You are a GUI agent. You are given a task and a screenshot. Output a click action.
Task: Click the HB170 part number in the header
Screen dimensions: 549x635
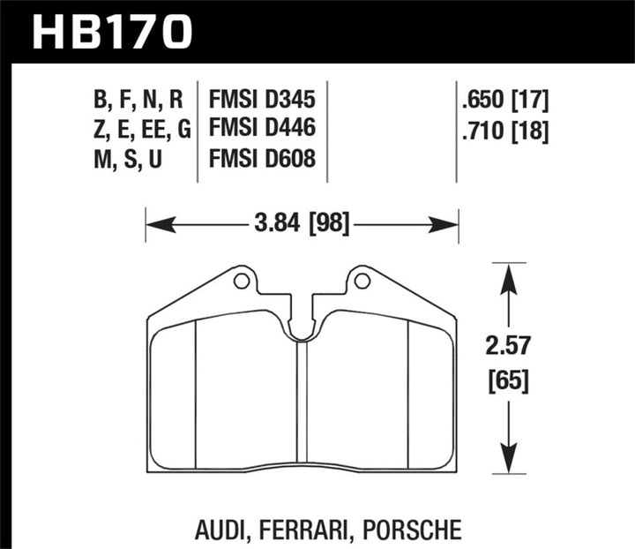pyautogui.click(x=112, y=33)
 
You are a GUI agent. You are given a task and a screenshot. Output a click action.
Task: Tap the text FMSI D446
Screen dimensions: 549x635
pyautogui.click(x=263, y=130)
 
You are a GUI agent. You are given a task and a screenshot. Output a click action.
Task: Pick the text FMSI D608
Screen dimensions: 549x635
pyautogui.click(x=263, y=159)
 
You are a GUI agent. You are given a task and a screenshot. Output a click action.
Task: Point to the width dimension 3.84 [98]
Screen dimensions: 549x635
pyautogui.click(x=303, y=225)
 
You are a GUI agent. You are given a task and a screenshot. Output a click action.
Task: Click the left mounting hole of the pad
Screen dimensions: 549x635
pyautogui.click(x=239, y=282)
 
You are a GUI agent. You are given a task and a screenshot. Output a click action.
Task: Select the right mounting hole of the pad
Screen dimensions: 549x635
pyautogui.click(x=361, y=282)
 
